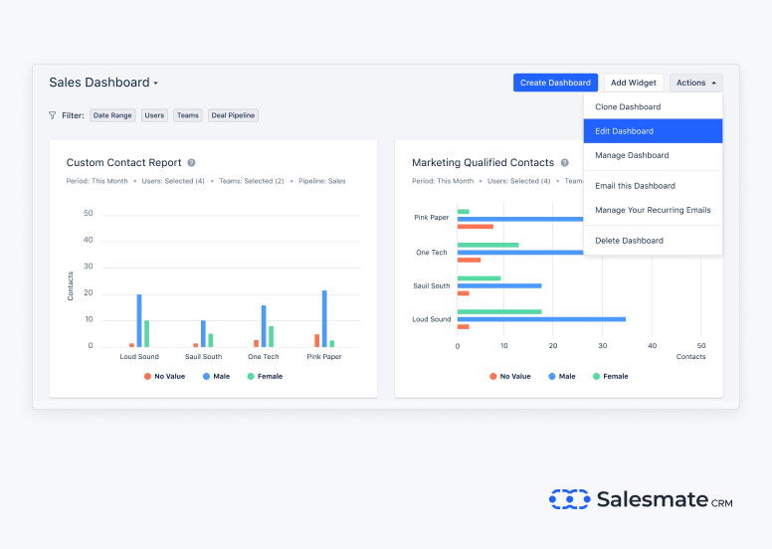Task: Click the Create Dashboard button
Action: click(x=555, y=83)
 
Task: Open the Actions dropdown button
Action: click(x=695, y=83)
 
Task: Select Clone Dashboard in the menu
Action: click(x=628, y=106)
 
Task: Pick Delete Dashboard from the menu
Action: click(x=629, y=241)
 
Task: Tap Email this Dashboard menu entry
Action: click(x=635, y=186)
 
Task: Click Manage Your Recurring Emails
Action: click(x=653, y=210)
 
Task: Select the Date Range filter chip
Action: click(x=112, y=115)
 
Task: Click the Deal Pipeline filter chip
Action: click(x=233, y=115)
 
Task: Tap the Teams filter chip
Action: click(x=187, y=115)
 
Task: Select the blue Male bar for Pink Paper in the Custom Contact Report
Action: click(x=324, y=318)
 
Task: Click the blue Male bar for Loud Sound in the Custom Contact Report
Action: click(x=139, y=320)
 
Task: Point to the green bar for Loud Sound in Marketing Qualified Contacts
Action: click(x=499, y=311)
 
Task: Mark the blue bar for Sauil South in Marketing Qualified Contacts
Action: click(x=499, y=285)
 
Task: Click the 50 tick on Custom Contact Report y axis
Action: click(x=89, y=214)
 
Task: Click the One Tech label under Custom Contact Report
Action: click(x=264, y=356)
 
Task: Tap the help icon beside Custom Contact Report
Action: click(x=191, y=162)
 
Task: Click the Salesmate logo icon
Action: click(x=569, y=499)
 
